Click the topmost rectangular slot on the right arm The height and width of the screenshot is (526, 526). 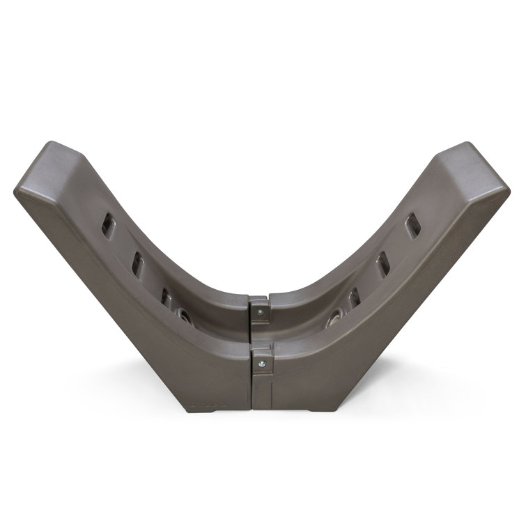(412, 226)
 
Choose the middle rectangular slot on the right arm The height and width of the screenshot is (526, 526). (382, 265)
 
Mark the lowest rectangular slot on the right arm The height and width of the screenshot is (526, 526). (354, 298)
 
